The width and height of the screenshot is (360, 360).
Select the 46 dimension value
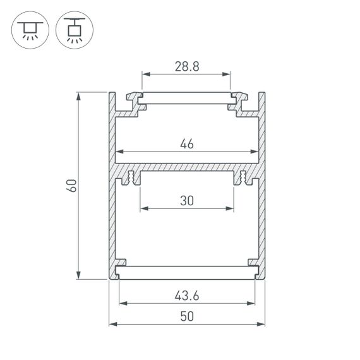(186, 143)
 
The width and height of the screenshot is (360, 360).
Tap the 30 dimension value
(186, 200)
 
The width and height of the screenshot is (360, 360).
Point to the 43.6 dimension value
(186, 296)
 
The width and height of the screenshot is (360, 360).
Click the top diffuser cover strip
(186, 99)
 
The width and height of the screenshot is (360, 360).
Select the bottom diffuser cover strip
(186, 272)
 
